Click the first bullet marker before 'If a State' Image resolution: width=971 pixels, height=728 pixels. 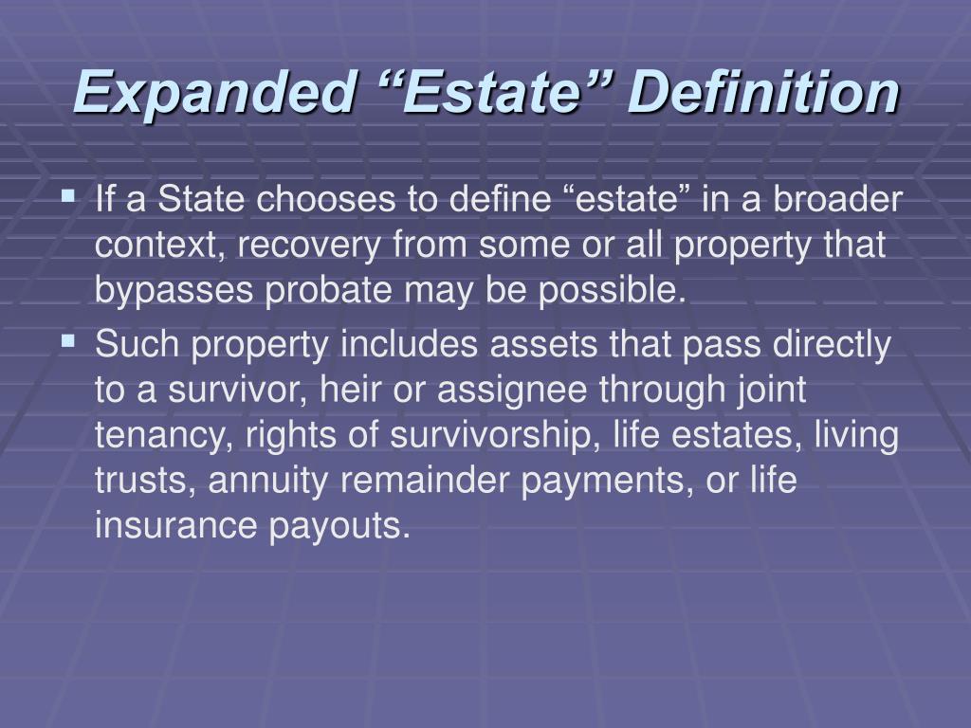pos(68,198)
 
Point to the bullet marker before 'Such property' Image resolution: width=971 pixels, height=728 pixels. pos(68,338)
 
